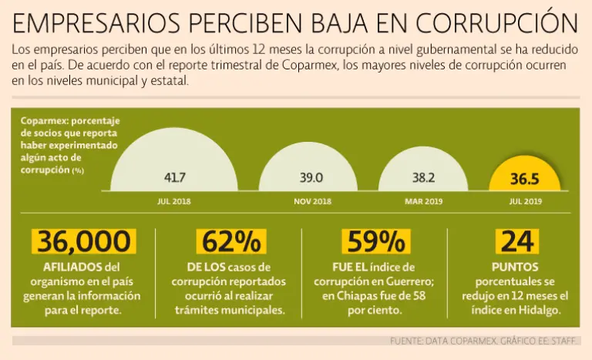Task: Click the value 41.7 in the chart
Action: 175,178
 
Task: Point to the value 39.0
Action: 311,178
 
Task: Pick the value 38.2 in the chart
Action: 423,178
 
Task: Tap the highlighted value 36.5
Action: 524,179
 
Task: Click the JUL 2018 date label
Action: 174,201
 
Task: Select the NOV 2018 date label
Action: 312,201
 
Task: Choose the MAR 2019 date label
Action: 423,201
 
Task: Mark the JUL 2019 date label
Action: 525,201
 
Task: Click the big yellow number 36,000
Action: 84,241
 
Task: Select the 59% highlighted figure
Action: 376,241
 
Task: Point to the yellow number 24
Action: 516,241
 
